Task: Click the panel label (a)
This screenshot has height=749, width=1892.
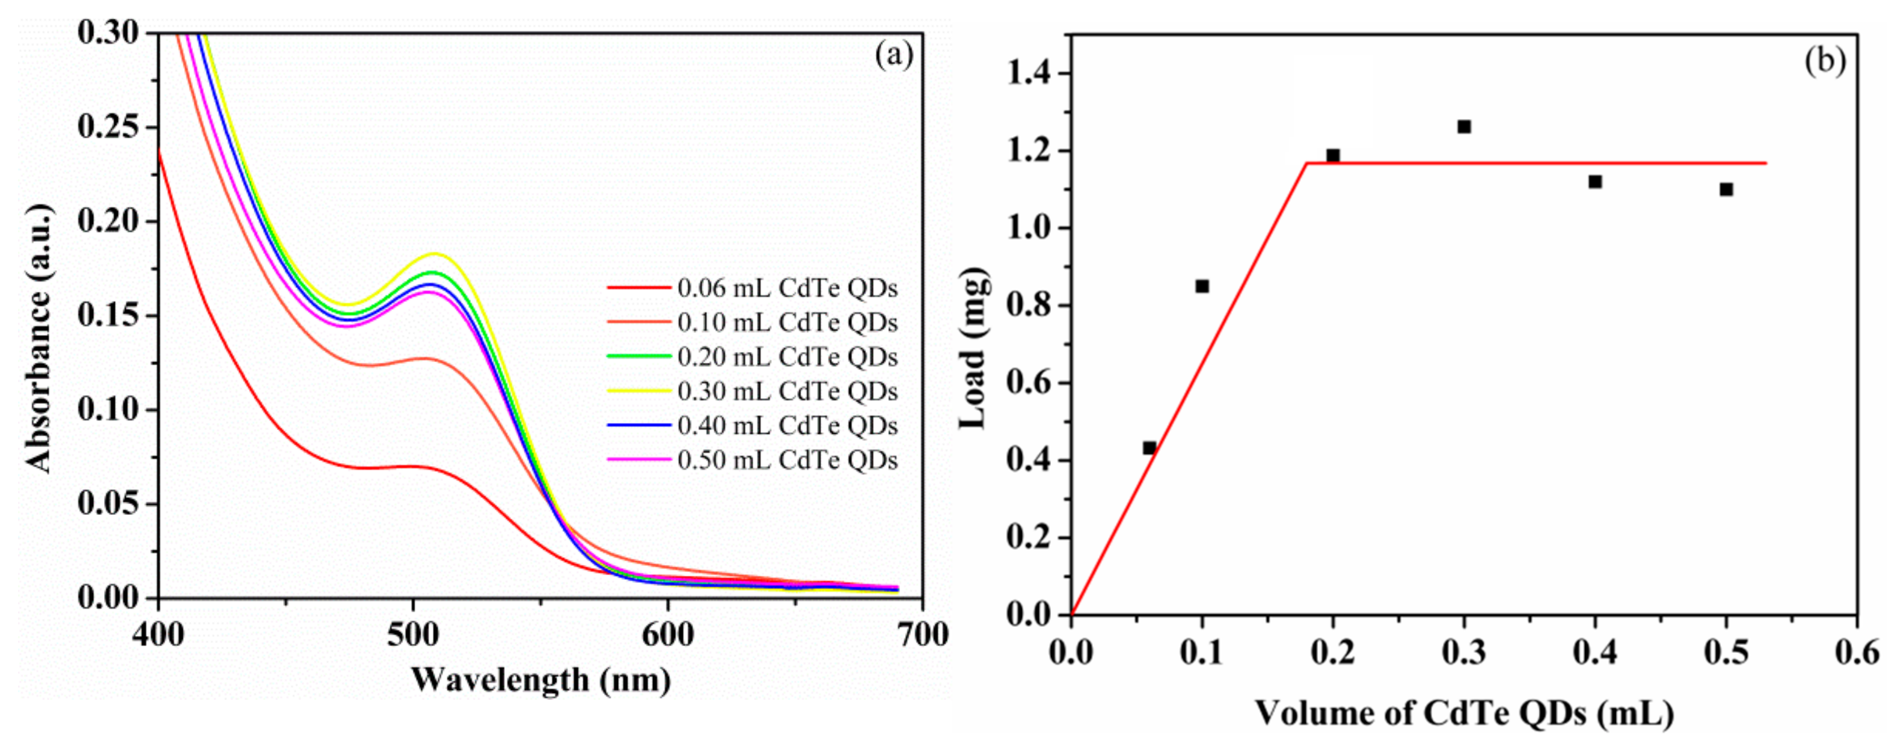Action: coord(893,55)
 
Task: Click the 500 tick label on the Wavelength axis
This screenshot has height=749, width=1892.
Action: coord(413,633)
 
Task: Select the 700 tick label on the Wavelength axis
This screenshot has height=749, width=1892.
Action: coord(922,633)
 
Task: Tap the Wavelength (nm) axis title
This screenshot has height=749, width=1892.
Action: coord(540,680)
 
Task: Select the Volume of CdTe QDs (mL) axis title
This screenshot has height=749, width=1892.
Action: coord(1464,713)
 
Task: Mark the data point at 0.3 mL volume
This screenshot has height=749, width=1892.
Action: coord(1464,126)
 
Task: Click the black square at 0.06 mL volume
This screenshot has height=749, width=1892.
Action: coord(1150,448)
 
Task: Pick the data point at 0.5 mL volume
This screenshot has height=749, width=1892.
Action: coord(1726,190)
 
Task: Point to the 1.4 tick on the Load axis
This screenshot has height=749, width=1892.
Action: coord(1030,73)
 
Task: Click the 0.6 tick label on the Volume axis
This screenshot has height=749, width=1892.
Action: coord(1856,653)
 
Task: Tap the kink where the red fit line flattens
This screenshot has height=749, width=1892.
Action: coord(1306,163)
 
